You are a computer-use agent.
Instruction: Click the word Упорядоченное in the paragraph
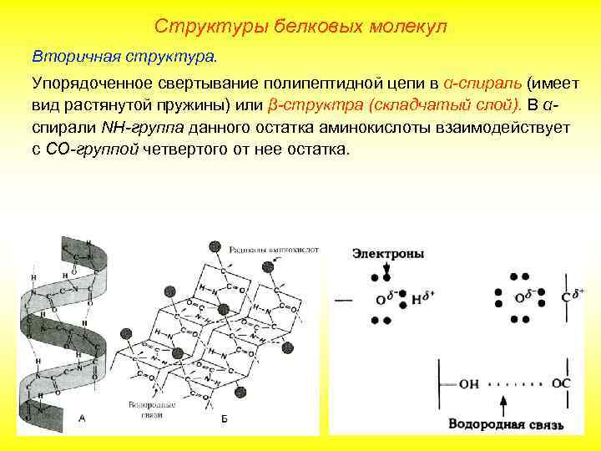92,84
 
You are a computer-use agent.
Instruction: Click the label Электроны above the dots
388,253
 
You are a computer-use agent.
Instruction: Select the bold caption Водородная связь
506,424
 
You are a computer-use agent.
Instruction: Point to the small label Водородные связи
152,410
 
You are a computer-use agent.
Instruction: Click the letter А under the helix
81,418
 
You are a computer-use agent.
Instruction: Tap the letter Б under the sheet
224,418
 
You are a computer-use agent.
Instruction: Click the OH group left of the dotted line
469,383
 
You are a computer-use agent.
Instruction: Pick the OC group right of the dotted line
561,383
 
